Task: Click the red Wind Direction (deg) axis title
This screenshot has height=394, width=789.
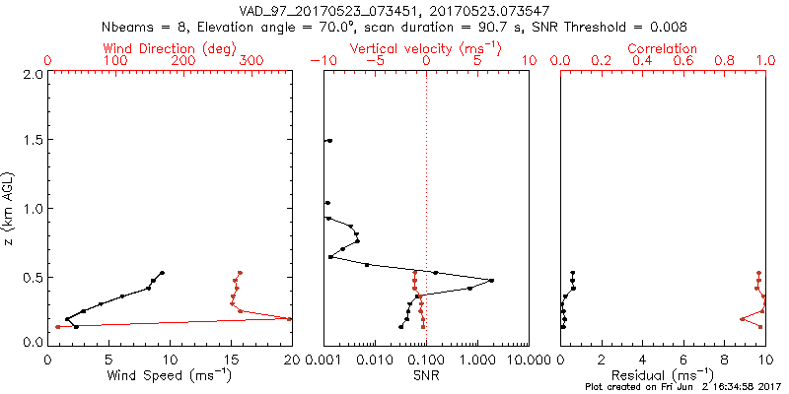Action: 170,48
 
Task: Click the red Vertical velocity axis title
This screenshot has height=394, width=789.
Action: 425,48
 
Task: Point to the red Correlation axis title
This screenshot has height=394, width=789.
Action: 663,48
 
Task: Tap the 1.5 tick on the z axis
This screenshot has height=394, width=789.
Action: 35,141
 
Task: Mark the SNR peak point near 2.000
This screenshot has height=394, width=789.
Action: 491,281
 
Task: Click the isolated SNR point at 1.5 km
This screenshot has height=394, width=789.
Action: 329,141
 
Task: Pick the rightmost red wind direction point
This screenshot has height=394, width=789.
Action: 290,318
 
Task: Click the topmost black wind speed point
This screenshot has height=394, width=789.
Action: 162,273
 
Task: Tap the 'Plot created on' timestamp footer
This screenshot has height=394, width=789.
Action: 681,388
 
